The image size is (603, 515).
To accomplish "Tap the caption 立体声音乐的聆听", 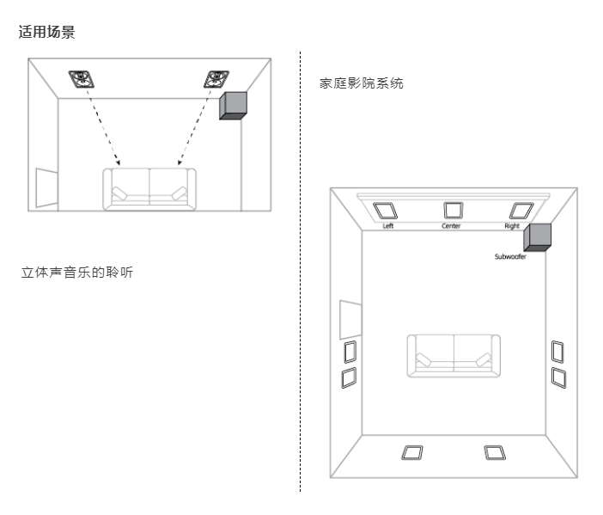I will [76, 273].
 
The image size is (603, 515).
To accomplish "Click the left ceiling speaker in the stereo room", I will [82, 80].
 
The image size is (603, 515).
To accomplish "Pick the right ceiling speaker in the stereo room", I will [215, 80].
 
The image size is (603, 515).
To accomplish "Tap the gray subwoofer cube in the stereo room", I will [234, 106].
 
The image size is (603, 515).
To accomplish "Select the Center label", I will [451, 225].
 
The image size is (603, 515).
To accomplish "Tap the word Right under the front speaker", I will [512, 225].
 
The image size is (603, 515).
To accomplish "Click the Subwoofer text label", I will [509, 256].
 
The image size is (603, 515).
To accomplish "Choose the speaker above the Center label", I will [452, 210].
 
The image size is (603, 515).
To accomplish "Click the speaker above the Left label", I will [385, 210].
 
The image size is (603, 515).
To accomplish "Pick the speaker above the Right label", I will [518, 210].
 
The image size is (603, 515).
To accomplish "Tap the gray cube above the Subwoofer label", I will [538, 236].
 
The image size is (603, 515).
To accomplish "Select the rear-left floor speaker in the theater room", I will [411, 452].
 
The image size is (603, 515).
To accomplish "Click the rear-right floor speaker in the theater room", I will [494, 452].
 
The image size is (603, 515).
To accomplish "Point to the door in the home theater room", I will [348, 318].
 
